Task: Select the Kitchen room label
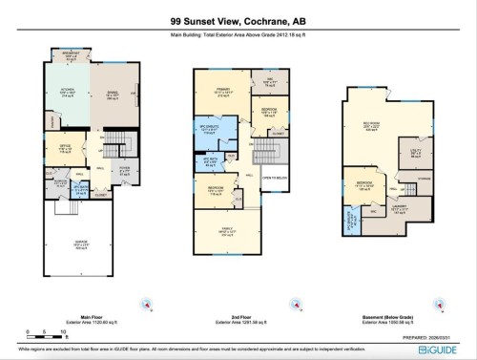point(69,94)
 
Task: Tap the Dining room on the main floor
point(113,94)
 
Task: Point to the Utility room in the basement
point(416,153)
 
